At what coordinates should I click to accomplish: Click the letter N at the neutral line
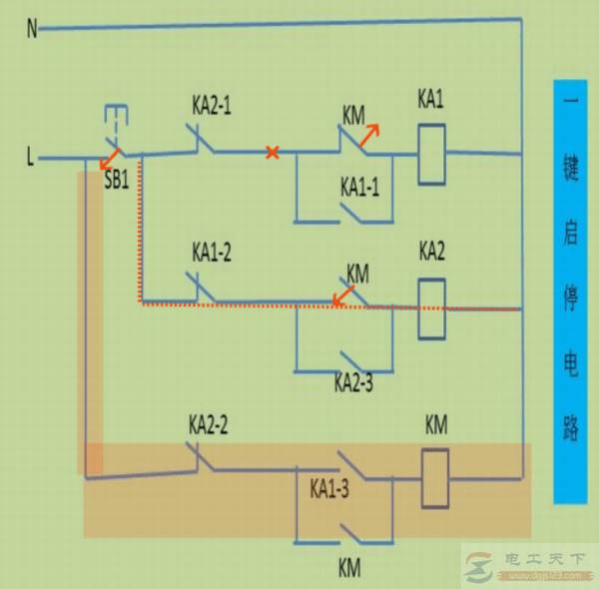tap(32, 29)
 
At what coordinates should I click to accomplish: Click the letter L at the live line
tap(31, 157)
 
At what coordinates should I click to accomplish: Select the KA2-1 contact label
tap(211, 104)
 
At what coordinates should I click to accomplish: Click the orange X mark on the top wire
tap(271, 153)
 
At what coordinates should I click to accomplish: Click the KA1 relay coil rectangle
tap(430, 154)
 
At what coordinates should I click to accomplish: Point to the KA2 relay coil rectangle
tap(430, 298)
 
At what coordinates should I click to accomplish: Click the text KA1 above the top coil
tap(430, 100)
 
